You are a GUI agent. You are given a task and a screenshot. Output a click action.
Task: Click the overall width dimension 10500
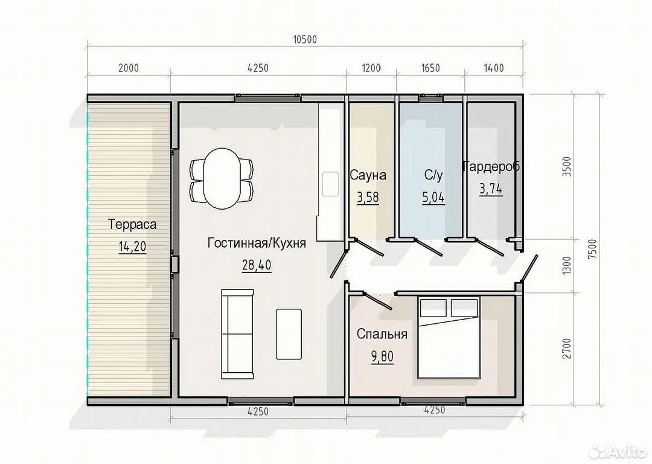click(305, 40)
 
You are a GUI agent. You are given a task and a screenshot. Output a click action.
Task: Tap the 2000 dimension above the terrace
click(129, 68)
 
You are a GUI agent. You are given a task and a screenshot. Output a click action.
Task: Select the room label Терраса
click(132, 225)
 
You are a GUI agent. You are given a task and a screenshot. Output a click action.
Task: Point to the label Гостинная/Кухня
click(257, 243)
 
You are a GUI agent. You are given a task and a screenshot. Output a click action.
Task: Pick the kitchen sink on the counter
click(330, 183)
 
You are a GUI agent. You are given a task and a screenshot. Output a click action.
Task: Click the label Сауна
click(368, 176)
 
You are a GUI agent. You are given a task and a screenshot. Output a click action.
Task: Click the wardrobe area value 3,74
click(491, 188)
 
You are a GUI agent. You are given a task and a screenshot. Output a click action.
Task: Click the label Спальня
click(382, 334)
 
